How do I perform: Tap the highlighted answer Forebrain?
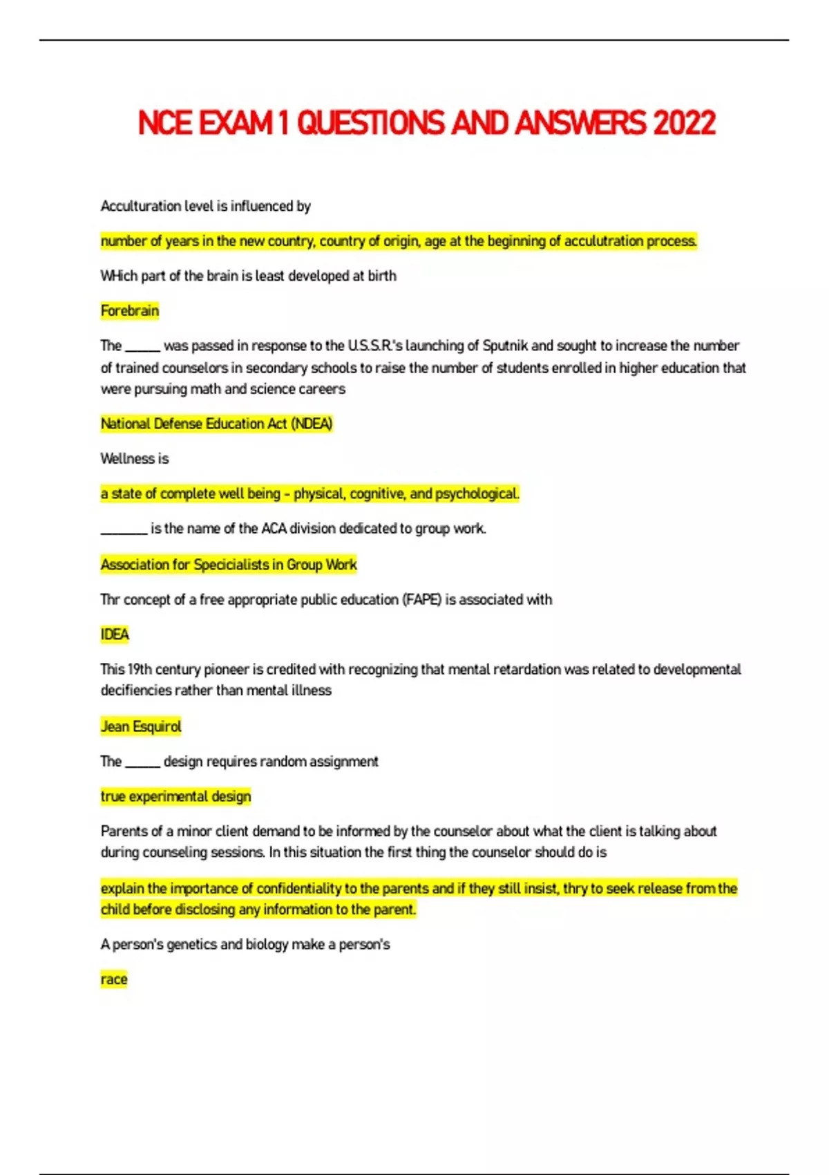pyautogui.click(x=130, y=311)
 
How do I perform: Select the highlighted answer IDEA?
pyautogui.click(x=115, y=634)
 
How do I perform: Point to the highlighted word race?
pyautogui.click(x=114, y=979)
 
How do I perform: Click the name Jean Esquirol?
pyautogui.click(x=141, y=726)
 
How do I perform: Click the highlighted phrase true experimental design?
pyautogui.click(x=176, y=796)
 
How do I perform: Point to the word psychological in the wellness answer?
pyautogui.click(x=477, y=493)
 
